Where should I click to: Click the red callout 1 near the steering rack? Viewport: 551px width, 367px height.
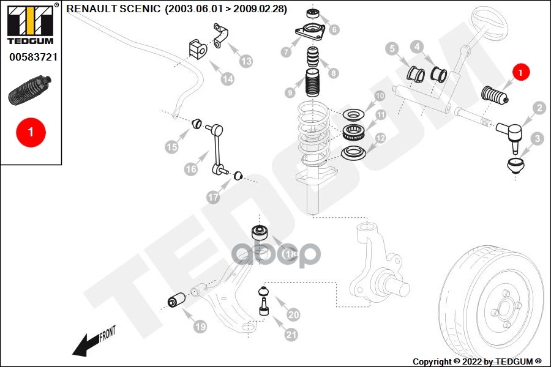click(x=520, y=72)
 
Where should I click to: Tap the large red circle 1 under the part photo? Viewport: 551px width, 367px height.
click(x=30, y=132)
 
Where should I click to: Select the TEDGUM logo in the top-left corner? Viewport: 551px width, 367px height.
click(x=31, y=24)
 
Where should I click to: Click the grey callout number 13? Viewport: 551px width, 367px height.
click(x=246, y=61)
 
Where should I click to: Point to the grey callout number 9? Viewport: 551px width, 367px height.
click(x=290, y=93)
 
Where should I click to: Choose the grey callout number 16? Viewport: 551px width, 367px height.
click(x=190, y=169)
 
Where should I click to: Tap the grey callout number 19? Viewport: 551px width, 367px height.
click(x=200, y=327)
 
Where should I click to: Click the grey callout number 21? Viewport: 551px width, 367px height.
click(x=291, y=335)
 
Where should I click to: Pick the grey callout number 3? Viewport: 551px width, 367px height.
click(x=537, y=139)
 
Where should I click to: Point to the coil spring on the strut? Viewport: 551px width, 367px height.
click(x=313, y=132)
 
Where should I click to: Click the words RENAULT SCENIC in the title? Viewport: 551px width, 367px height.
click(x=114, y=9)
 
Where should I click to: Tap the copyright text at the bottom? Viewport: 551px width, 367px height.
click(x=476, y=361)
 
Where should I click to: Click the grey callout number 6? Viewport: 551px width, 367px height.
click(x=333, y=29)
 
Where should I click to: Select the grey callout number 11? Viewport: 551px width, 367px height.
click(x=380, y=115)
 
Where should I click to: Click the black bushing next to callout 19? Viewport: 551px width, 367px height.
click(x=178, y=302)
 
